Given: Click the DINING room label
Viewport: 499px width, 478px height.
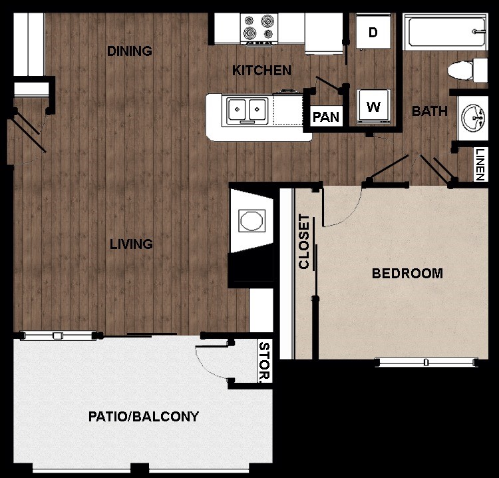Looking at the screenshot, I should [x=130, y=51].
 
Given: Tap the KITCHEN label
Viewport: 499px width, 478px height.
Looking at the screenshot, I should [x=261, y=70].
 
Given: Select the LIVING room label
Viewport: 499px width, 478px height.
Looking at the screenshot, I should [x=131, y=244].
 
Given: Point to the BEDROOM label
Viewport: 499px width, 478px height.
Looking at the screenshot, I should [x=407, y=273].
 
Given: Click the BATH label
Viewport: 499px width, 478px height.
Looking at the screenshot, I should [x=430, y=111].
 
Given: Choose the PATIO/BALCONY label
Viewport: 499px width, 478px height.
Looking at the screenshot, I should [x=144, y=417].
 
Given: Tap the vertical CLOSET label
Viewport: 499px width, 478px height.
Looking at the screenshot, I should [x=304, y=241].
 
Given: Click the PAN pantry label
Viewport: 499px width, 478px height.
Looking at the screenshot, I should [x=326, y=117].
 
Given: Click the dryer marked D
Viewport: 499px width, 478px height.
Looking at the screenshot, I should [x=373, y=32].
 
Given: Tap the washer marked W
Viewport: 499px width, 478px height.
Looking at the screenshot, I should [x=373, y=107].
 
